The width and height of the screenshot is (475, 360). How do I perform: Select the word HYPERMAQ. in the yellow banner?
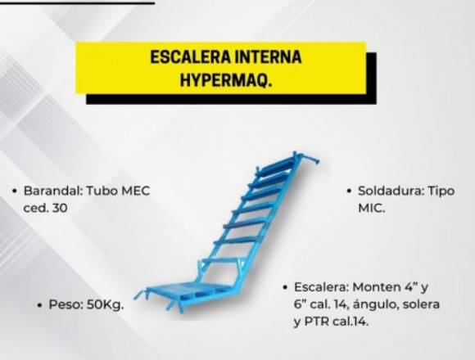click(x=226, y=79)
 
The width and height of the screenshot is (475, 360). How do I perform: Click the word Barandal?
click(x=53, y=191)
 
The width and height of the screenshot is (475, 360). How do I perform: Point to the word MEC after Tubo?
click(x=135, y=191)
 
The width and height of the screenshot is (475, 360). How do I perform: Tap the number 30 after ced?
click(x=60, y=208)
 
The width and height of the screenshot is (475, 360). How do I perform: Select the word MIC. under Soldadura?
click(x=371, y=208)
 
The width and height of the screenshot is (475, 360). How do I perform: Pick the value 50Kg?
click(x=106, y=305)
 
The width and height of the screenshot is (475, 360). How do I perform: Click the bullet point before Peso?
click(x=39, y=305)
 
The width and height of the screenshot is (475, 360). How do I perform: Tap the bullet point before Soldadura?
click(x=349, y=191)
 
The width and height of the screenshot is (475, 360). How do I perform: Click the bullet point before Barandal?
click(x=14, y=191)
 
